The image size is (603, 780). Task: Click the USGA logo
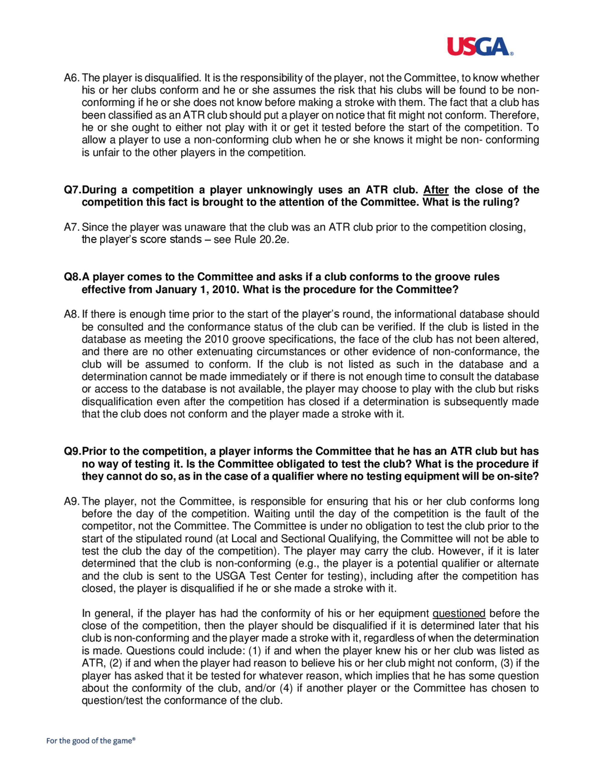click(480, 46)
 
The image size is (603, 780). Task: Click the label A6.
click(72, 78)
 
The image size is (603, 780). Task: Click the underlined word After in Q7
click(435, 190)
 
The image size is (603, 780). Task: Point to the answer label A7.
click(72, 227)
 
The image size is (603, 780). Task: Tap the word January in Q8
click(176, 289)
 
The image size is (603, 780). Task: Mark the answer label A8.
click(72, 314)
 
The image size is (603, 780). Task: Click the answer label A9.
click(72, 502)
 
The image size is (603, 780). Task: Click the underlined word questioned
click(459, 614)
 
